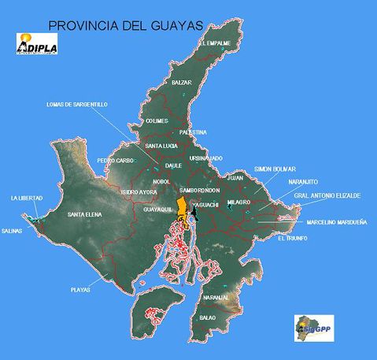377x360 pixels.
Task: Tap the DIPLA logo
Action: [37, 46]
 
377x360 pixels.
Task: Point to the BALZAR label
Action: [182, 82]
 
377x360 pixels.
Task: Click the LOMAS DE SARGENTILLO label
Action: [77, 104]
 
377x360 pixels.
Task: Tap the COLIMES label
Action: [157, 121]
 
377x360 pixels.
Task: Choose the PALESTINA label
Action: [193, 132]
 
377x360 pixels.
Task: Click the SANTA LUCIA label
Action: [162, 146]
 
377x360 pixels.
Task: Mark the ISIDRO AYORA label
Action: [138, 191]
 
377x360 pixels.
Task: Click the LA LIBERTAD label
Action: [27, 197]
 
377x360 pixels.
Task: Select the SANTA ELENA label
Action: [85, 214]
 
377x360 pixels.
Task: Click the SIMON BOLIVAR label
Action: [275, 169]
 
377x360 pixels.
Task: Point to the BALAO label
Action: [208, 317]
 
